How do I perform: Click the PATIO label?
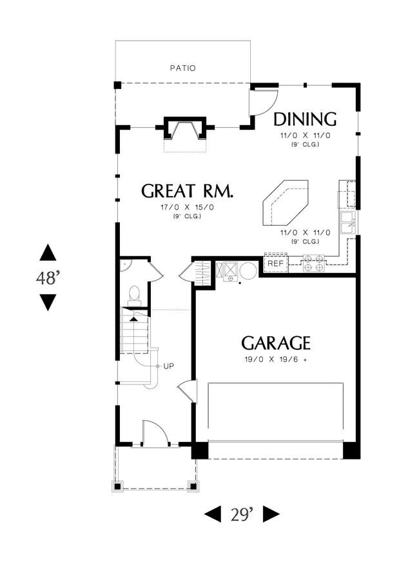(x=183, y=68)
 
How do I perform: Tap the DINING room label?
(x=305, y=119)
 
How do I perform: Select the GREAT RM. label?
(x=187, y=191)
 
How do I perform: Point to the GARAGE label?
(x=276, y=343)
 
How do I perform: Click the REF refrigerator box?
(x=276, y=263)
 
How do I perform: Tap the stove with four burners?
(x=314, y=263)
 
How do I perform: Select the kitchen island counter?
(x=286, y=203)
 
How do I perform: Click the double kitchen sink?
(x=348, y=223)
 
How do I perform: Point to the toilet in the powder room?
(x=134, y=295)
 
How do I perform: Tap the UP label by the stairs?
(x=168, y=366)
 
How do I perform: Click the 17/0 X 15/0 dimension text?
(x=187, y=207)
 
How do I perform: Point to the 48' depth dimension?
(x=48, y=277)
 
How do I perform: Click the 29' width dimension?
(x=242, y=514)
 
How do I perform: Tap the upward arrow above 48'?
(x=48, y=252)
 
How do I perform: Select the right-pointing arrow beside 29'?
(x=271, y=514)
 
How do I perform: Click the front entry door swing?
(x=155, y=433)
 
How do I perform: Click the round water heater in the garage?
(x=248, y=270)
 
